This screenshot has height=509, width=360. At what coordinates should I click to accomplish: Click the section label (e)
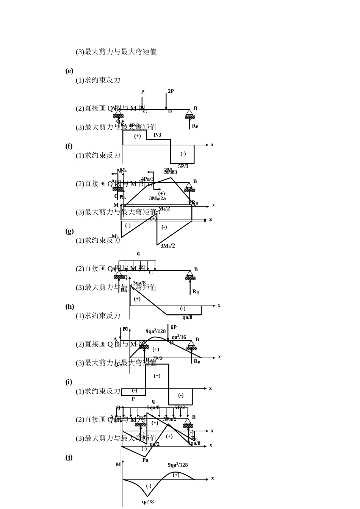pos(69,71)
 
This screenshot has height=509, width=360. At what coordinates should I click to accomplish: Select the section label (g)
pos(69,231)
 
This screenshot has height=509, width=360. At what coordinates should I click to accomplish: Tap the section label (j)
pos(69,457)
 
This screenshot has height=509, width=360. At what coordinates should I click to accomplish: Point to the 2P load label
pos(171,91)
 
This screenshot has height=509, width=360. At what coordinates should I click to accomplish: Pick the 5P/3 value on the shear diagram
pos(183,166)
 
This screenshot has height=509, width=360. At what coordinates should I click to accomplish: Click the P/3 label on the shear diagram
pos(157,135)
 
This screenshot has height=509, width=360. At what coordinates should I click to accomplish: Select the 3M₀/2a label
pos(157,198)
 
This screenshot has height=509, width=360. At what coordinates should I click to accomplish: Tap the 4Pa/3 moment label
pos(147,179)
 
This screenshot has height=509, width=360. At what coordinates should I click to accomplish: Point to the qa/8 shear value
pos(187,317)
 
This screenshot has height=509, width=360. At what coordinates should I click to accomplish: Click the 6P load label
pos(174,327)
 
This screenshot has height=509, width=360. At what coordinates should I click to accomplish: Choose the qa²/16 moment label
pos(179,337)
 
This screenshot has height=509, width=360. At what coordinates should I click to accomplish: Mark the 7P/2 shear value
pos(158,358)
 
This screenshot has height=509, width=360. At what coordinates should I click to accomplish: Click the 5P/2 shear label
pos(180,408)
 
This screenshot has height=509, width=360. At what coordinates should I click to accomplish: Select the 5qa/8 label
pos(153,408)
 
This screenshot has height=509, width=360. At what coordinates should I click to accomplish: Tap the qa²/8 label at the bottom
pos(148,502)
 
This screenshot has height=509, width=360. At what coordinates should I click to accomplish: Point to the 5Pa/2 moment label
pos(170,419)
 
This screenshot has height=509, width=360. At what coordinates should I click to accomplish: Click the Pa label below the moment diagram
pos(145,460)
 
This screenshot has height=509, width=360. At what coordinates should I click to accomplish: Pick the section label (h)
pos(69,306)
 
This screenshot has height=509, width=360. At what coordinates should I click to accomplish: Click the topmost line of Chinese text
pos(116,52)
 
